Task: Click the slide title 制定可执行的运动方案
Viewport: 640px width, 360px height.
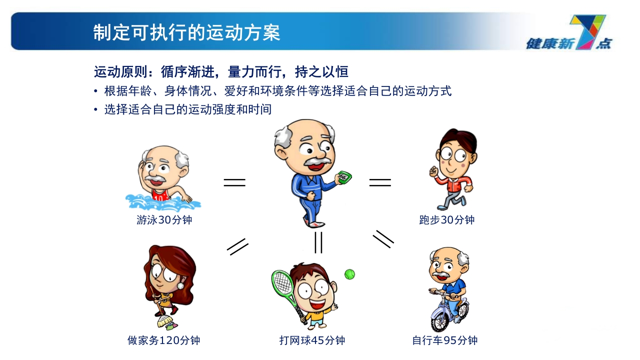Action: click(x=186, y=32)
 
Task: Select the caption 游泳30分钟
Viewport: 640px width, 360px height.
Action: click(x=164, y=220)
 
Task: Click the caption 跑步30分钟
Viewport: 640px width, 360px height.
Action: click(x=446, y=220)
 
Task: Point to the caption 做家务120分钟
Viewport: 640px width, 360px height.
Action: click(x=164, y=340)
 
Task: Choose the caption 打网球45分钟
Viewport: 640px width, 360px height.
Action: click(x=312, y=340)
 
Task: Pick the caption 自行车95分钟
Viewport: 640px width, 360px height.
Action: click(x=444, y=340)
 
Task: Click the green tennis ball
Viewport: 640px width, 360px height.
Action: click(x=349, y=274)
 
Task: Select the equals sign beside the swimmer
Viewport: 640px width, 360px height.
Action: click(x=234, y=182)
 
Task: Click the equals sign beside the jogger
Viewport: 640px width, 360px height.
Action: click(x=380, y=182)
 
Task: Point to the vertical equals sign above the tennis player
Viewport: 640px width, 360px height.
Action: click(x=318, y=242)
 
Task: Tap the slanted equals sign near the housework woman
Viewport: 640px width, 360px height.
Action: click(x=238, y=246)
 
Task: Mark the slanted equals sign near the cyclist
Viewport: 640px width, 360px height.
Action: click(x=383, y=239)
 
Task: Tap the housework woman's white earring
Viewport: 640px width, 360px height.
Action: click(x=180, y=285)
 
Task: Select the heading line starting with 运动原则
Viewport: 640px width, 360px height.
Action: click(x=221, y=72)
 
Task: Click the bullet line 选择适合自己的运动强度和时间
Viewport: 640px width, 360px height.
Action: click(x=187, y=109)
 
